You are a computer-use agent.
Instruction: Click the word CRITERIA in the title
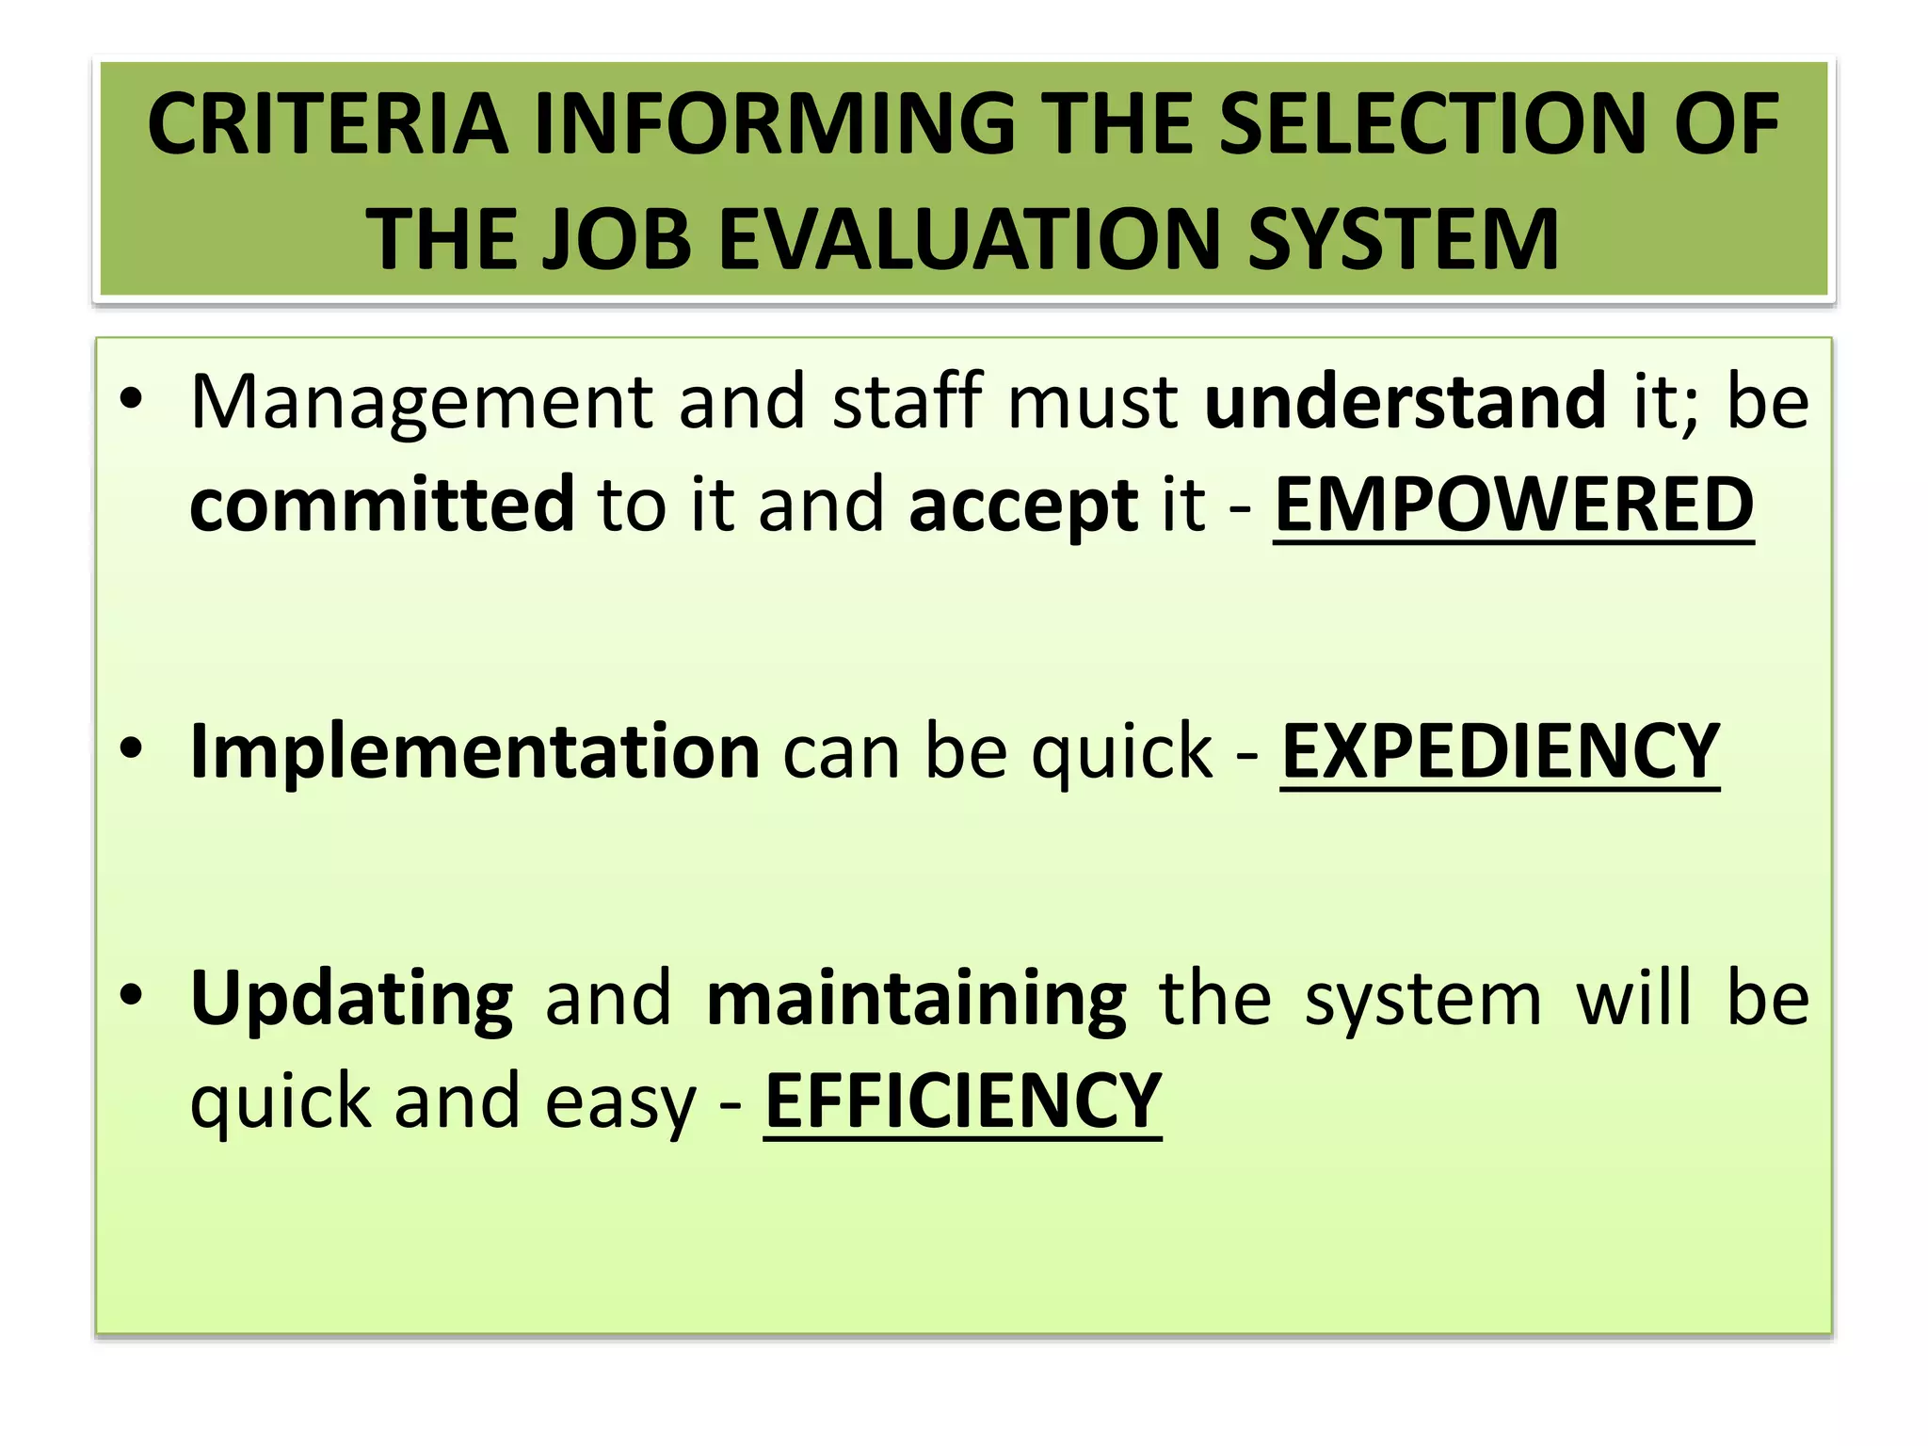point(327,124)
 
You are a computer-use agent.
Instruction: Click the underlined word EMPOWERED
point(1513,505)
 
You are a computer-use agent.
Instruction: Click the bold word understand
point(1405,401)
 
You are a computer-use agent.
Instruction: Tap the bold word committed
point(381,505)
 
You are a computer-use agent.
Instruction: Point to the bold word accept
point(1023,506)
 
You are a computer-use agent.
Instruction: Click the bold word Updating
point(351,1000)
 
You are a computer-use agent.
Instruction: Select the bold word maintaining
point(916,1000)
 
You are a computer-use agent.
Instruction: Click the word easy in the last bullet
point(619,1101)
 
